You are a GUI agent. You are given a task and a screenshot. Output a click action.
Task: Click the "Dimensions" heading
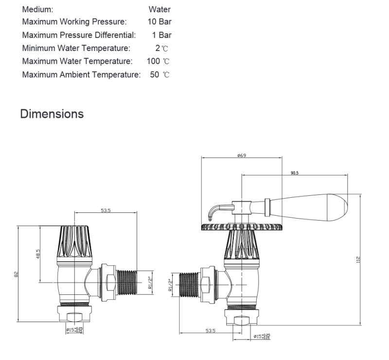tap(52, 114)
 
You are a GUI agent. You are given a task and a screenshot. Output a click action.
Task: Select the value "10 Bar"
tap(159, 22)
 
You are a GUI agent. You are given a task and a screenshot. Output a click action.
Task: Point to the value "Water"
tap(159, 9)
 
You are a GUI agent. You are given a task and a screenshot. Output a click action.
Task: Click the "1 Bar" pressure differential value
tap(161, 35)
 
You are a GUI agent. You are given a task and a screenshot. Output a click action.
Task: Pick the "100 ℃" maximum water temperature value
tap(158, 61)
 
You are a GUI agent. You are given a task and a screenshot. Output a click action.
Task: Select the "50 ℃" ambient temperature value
tap(159, 75)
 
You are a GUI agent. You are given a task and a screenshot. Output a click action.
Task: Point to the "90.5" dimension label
tap(294, 173)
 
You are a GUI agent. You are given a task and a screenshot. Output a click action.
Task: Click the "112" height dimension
tap(358, 260)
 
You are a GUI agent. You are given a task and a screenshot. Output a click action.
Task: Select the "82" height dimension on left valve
tap(16, 274)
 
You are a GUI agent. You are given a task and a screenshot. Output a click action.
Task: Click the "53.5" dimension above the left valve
tap(106, 210)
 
